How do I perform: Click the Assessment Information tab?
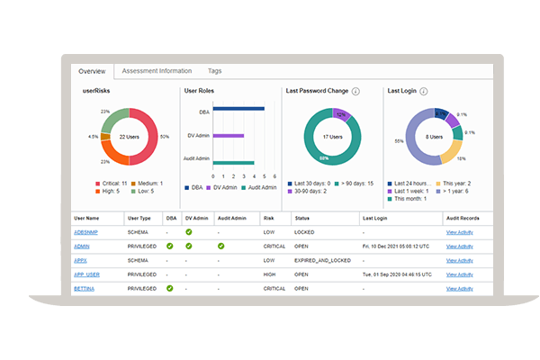pyautogui.click(x=157, y=70)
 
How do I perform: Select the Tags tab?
pyautogui.click(x=215, y=70)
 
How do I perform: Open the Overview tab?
pyautogui.click(x=92, y=71)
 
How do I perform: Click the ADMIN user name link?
pyautogui.click(x=81, y=246)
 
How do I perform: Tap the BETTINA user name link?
pyautogui.click(x=84, y=288)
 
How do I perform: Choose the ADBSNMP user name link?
pyautogui.click(x=85, y=232)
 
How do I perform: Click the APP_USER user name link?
pyautogui.click(x=85, y=274)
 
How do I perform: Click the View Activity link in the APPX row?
pyautogui.click(x=459, y=260)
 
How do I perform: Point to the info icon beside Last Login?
pyautogui.click(x=424, y=91)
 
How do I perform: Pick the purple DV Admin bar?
pyautogui.click(x=229, y=135)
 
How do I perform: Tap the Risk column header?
pyautogui.click(x=267, y=218)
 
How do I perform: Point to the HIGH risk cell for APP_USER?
pyautogui.click(x=267, y=274)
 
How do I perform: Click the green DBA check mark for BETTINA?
pyautogui.click(x=170, y=288)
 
